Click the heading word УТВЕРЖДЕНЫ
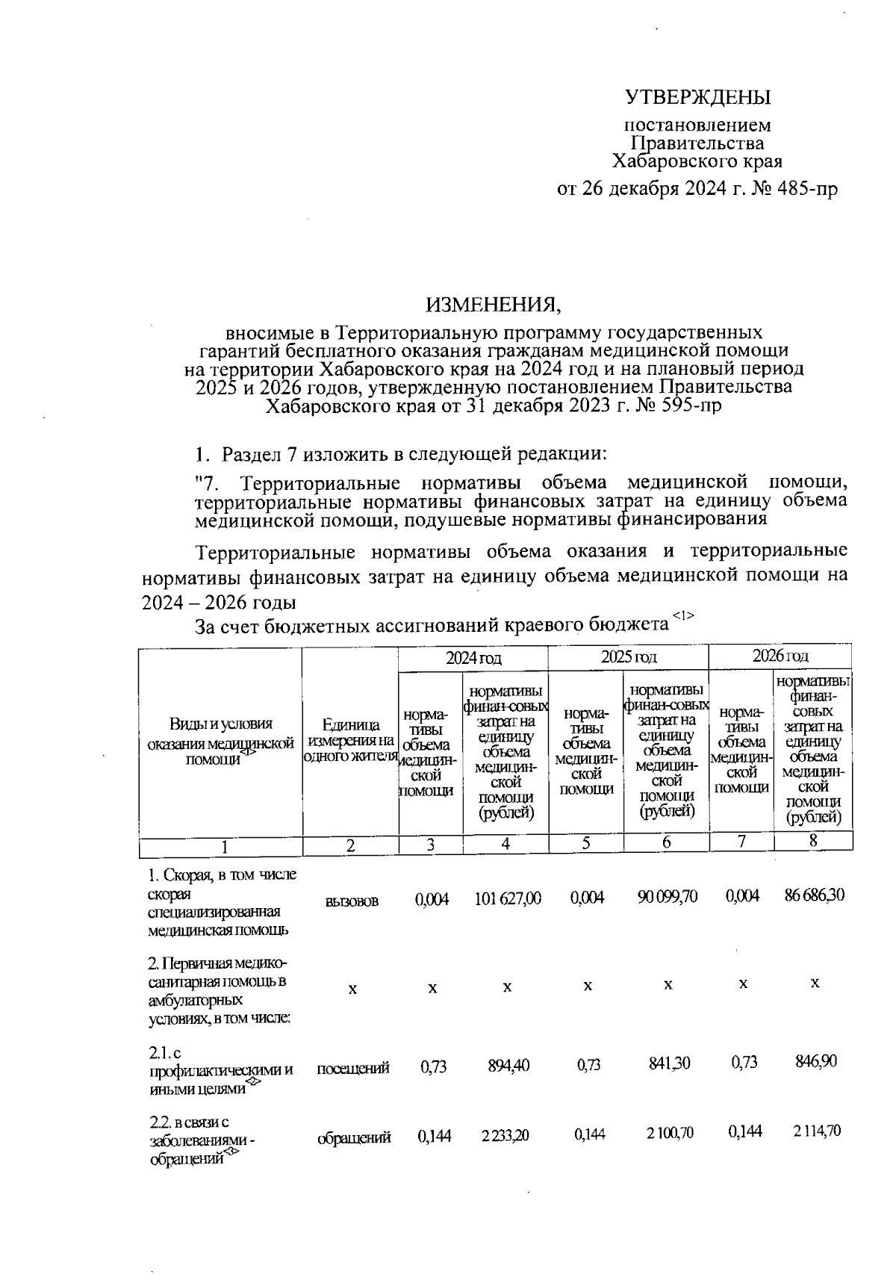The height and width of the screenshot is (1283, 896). click(697, 98)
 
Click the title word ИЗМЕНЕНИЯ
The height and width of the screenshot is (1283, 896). click(491, 304)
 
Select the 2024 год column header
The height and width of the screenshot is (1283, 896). click(473, 657)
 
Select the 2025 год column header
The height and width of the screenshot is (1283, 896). click(629, 657)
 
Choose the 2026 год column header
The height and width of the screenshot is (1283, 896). click(780, 656)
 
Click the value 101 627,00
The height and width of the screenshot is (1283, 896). click(507, 898)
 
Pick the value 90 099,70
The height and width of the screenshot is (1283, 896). click(667, 897)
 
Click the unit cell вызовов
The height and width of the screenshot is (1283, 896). click(352, 901)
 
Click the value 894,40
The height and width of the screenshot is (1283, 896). click(508, 1066)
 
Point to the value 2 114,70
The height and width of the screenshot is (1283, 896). click(816, 1131)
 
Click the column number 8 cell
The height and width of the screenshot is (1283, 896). click(813, 842)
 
